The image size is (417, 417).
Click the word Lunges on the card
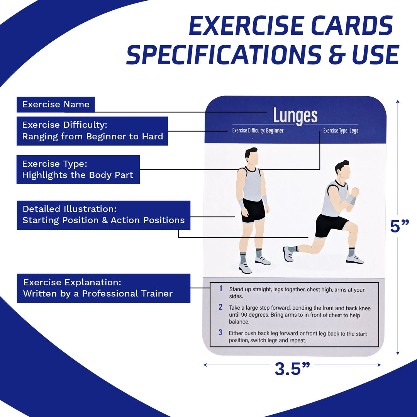[x=295, y=116]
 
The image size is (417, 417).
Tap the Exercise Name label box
[x=56, y=105]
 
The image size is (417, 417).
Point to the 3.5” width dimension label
[x=292, y=369]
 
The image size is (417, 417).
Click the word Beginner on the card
[x=275, y=131]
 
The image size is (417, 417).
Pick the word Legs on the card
[x=354, y=131]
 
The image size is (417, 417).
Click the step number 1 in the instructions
[x=221, y=288]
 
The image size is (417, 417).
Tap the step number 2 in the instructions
[x=220, y=307]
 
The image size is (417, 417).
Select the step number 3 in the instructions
[x=220, y=332]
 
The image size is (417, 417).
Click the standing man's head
[x=252, y=156]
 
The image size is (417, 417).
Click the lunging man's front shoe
[x=354, y=259]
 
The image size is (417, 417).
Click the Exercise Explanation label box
[x=104, y=288]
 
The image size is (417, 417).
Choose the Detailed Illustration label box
[x=104, y=215]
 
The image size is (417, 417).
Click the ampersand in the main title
[x=337, y=55]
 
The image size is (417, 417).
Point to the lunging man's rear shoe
[x=288, y=254]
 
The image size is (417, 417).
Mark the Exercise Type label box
[x=78, y=170]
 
